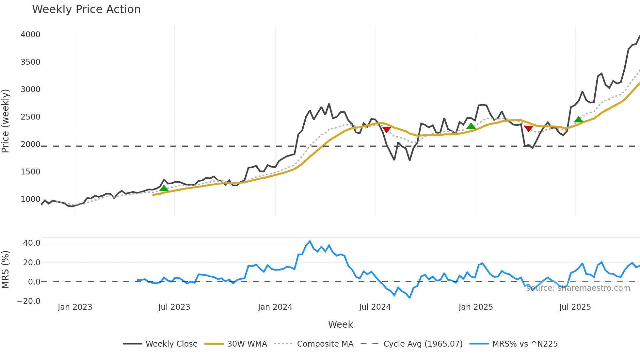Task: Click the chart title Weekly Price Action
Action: (86, 9)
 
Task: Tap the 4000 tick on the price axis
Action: (30, 35)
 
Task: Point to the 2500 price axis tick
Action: (30, 117)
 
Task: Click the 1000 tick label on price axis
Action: (30, 199)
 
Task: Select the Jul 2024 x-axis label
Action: (375, 307)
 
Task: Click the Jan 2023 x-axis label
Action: (75, 307)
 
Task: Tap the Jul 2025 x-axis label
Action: (575, 307)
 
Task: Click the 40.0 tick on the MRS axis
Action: (32, 243)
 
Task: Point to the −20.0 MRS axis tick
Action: (29, 301)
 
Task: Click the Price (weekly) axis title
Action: (5, 121)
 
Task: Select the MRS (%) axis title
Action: (5, 270)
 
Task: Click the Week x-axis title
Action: (340, 324)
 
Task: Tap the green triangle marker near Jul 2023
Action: (164, 188)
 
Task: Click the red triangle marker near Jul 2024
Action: (387, 130)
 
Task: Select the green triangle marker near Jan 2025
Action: (471, 126)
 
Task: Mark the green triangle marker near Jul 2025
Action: (579, 120)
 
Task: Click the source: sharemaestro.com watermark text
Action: (578, 288)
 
